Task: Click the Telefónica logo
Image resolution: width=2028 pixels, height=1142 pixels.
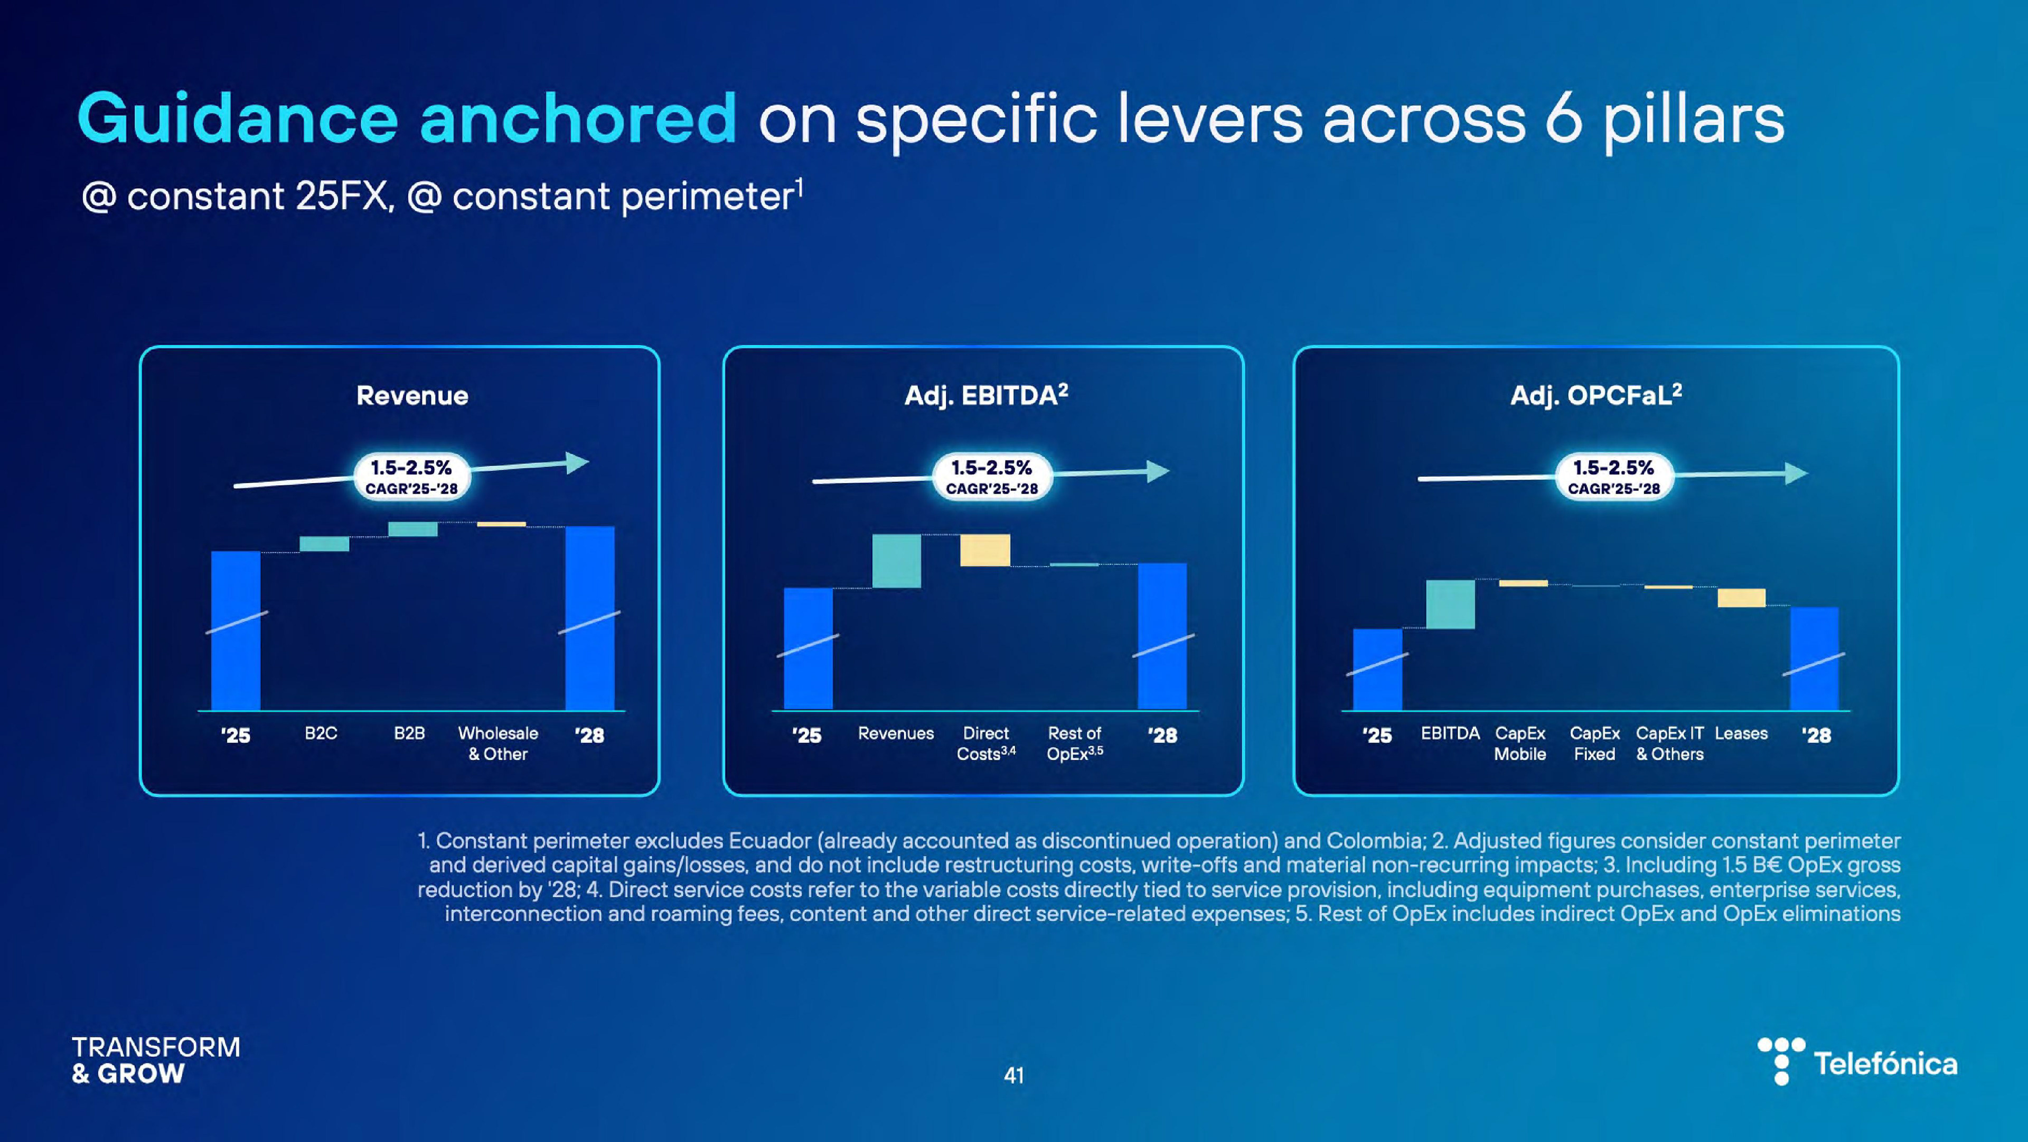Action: pos(1858,1062)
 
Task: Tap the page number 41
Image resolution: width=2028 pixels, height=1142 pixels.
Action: pos(1014,1075)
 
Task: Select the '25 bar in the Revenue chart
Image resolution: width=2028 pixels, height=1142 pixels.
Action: pos(236,630)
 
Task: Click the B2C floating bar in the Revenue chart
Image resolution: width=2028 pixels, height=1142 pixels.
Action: pos(324,543)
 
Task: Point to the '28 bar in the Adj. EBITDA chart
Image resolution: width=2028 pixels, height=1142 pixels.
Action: pos(1162,636)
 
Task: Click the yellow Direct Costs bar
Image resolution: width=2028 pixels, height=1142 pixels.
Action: pos(985,550)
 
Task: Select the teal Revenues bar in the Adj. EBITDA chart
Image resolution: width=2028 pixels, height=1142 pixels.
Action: pos(897,561)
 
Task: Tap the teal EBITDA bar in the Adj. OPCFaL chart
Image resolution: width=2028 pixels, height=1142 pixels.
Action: pos(1450,604)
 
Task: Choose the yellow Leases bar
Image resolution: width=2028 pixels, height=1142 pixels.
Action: pos(1741,598)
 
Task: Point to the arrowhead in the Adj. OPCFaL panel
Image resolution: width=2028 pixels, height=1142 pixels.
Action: pos(1797,473)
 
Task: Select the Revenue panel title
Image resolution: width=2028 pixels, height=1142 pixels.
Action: pos(412,395)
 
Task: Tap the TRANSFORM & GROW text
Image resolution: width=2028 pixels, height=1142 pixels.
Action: pos(156,1060)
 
